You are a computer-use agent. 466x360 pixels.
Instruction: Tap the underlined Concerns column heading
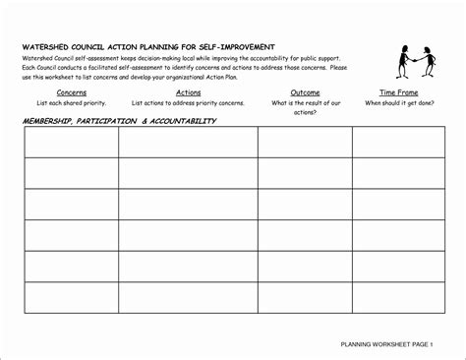pos(70,91)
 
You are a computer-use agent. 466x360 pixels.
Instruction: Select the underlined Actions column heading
pos(187,91)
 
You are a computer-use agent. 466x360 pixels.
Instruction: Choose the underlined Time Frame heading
pos(392,91)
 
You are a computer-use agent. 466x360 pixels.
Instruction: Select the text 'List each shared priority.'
pos(71,102)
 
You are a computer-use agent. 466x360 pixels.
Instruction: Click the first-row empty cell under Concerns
pos(71,143)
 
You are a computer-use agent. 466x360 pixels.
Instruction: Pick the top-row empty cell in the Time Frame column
pos(393,143)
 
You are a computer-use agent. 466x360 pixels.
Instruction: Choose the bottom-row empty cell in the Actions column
pos(188,297)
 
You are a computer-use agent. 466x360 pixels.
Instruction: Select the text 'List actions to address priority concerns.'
pos(188,102)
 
